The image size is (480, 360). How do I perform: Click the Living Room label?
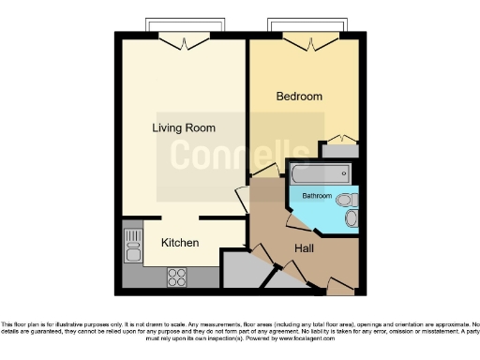(185, 127)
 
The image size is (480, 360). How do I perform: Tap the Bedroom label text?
(299, 97)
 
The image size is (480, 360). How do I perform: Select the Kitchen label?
(180, 243)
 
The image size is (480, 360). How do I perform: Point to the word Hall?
(305, 248)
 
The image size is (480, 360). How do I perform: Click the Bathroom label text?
(317, 196)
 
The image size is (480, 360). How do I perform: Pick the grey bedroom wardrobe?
(339, 148)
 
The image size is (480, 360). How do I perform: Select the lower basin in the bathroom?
(352, 218)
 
